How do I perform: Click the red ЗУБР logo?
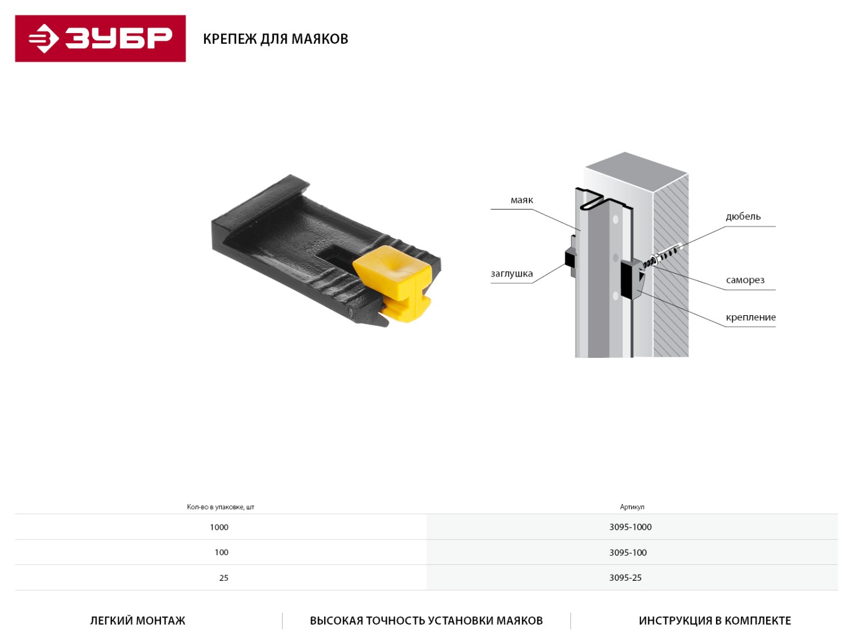coord(100,39)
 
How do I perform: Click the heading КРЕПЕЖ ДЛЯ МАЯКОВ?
coord(276,39)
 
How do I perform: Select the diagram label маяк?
coord(521,200)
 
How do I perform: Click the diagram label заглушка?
coord(511,274)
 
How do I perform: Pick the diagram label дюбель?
coord(743,216)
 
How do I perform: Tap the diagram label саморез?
coord(745,280)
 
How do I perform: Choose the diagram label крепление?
coord(751,317)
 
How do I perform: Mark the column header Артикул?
coord(632,507)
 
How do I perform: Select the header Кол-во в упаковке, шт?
coord(220,507)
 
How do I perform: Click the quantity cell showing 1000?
coord(219,527)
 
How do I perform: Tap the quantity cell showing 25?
coord(223,578)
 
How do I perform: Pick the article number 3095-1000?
coord(630,527)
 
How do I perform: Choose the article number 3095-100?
coord(628,552)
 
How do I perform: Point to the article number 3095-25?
coord(626,577)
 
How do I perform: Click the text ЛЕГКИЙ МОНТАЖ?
coord(138,621)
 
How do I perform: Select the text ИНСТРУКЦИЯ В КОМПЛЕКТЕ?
coord(715,621)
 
